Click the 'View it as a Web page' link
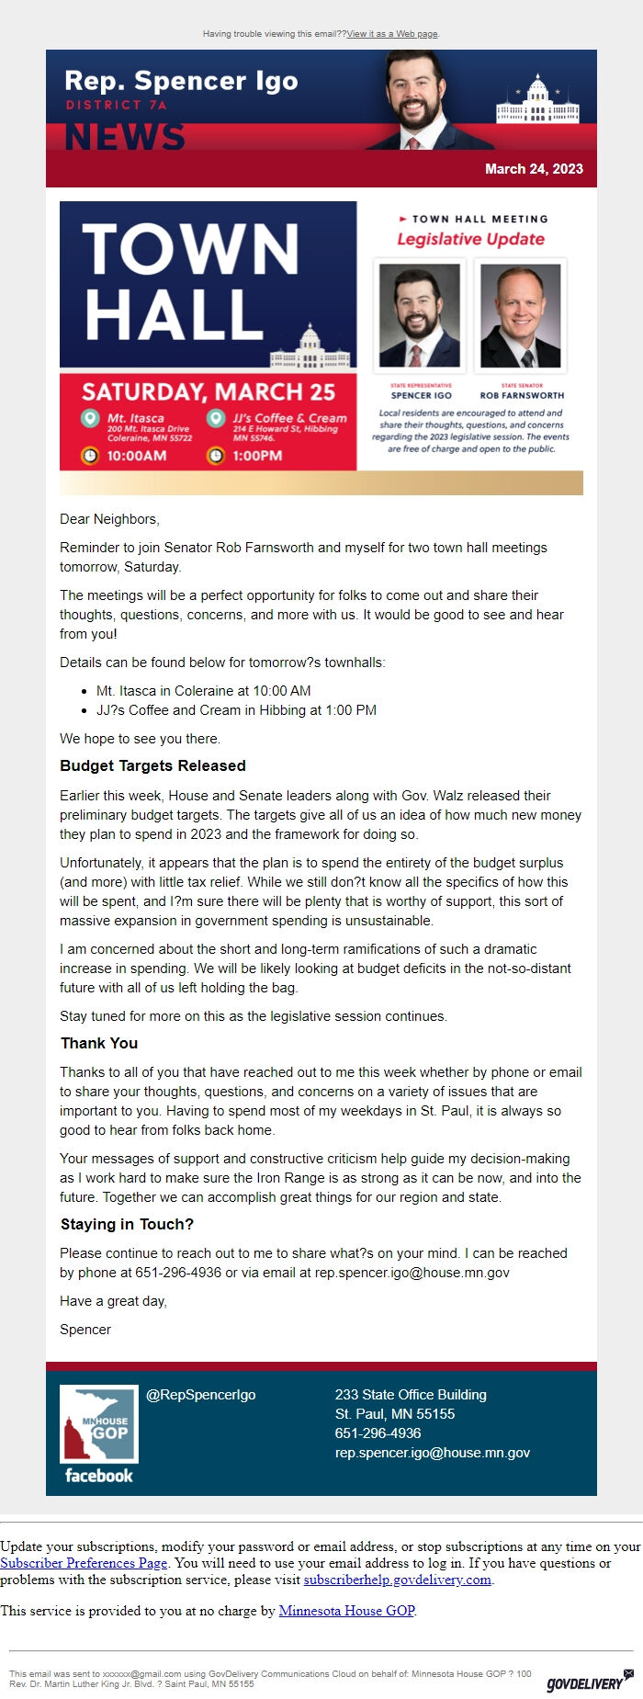(x=392, y=34)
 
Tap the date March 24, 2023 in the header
(x=534, y=169)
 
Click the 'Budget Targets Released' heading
(x=152, y=765)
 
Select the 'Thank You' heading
(x=99, y=1043)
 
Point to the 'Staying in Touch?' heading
(x=127, y=1224)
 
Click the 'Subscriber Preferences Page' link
(x=84, y=1563)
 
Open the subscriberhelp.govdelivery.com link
(x=398, y=1580)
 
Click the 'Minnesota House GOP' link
(x=346, y=1611)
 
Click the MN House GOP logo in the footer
(x=99, y=1423)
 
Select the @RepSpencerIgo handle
(x=201, y=1395)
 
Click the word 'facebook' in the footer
(x=99, y=1476)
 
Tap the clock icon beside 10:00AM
(x=90, y=456)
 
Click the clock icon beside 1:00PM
(x=216, y=456)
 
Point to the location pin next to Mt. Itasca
(x=90, y=419)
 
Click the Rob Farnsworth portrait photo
(x=521, y=316)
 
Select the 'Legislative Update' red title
(x=470, y=239)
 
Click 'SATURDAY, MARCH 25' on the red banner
(x=209, y=392)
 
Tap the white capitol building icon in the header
(x=537, y=102)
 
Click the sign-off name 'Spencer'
(x=85, y=1330)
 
